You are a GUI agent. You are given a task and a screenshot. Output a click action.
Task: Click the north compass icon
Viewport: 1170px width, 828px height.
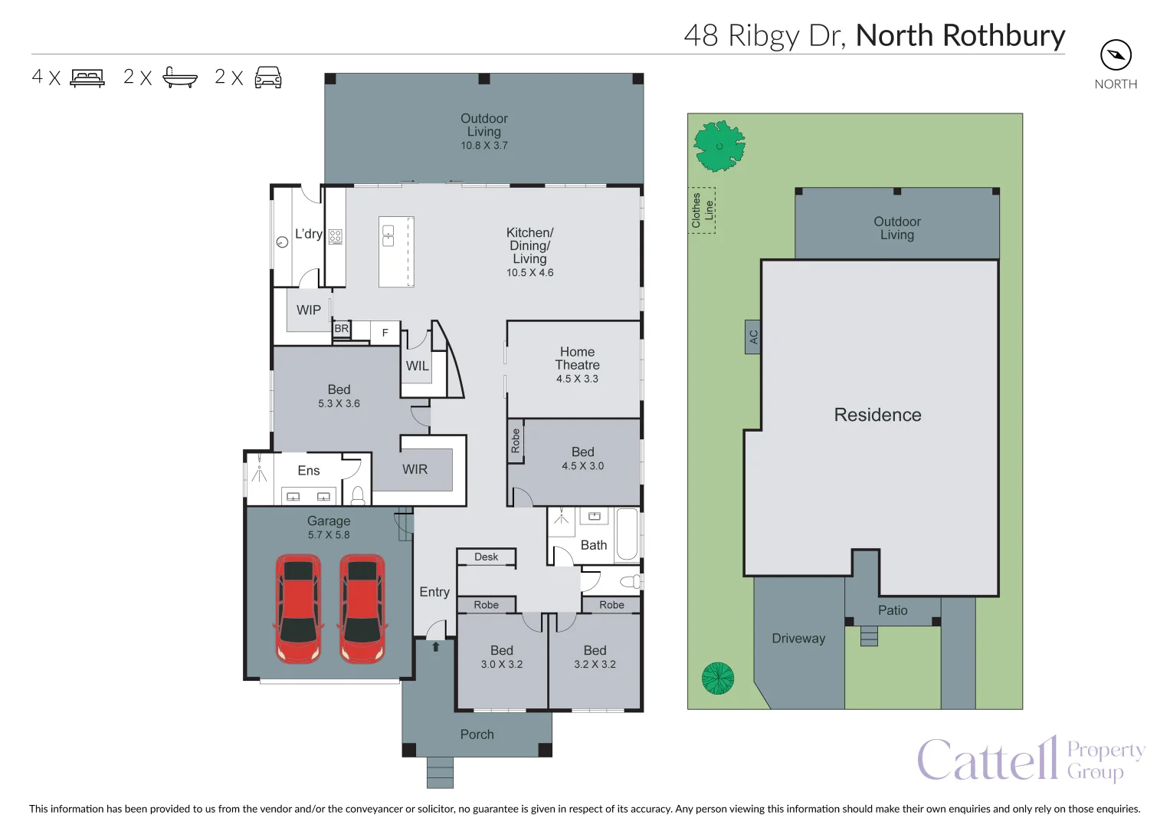tap(1116, 55)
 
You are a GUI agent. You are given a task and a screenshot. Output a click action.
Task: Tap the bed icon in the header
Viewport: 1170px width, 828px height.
tap(87, 77)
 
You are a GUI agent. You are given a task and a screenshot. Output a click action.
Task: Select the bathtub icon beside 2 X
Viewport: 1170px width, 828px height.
tap(180, 77)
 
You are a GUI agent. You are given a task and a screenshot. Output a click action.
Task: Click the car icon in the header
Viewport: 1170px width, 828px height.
tap(268, 77)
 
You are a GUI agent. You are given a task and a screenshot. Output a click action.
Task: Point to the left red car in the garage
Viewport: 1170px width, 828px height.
tap(298, 609)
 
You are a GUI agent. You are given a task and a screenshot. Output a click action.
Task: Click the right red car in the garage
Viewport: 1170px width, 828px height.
tap(362, 609)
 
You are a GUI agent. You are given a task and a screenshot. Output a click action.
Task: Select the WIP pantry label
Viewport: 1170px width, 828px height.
tap(309, 310)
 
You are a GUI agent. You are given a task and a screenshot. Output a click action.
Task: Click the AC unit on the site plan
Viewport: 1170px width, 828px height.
tap(753, 337)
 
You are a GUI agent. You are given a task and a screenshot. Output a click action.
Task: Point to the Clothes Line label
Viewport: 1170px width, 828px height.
tap(703, 210)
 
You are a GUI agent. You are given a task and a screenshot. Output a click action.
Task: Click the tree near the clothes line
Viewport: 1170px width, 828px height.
tap(719, 146)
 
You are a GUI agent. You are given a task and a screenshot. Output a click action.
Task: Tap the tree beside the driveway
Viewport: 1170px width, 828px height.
tap(718, 678)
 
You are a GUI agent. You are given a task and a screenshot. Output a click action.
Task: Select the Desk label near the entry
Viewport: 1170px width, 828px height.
tap(486, 557)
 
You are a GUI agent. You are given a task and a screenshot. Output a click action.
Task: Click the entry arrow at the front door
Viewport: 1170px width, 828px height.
tap(436, 646)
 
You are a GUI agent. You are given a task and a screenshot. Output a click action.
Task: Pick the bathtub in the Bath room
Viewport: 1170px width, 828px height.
tap(627, 534)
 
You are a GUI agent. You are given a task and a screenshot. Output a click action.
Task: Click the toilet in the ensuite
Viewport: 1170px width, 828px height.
tap(357, 496)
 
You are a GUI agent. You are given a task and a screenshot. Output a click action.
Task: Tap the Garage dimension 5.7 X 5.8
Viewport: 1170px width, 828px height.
tap(329, 535)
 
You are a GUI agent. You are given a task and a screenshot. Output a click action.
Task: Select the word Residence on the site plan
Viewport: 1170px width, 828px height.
tap(877, 415)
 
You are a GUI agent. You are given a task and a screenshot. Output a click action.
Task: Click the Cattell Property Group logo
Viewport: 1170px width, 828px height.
tap(1031, 759)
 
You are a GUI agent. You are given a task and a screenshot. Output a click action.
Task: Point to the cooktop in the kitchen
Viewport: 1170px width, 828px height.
tap(336, 237)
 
